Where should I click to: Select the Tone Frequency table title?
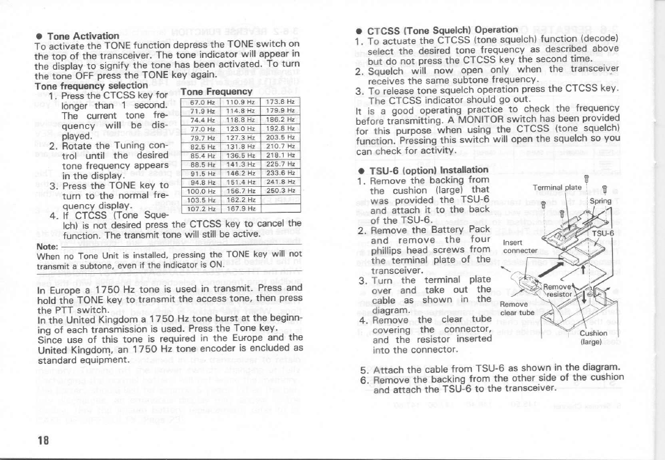(x=215, y=91)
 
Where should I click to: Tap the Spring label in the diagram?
(x=600, y=201)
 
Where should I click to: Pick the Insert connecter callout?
(x=517, y=246)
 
